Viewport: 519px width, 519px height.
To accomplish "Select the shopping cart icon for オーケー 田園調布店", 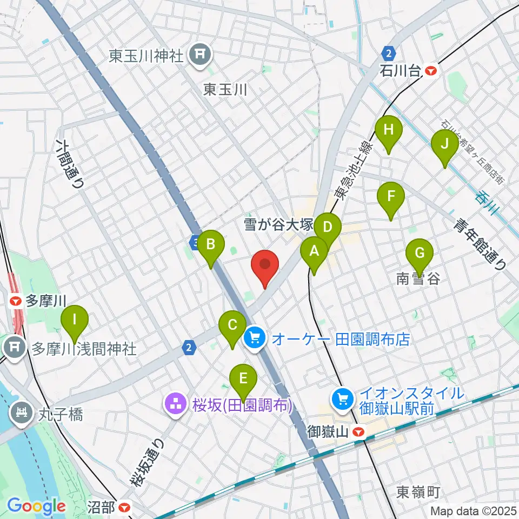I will [x=255, y=339].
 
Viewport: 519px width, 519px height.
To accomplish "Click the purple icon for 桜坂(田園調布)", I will [x=176, y=404].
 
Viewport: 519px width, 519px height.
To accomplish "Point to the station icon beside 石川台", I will [x=431, y=70].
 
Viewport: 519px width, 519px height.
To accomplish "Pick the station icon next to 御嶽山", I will [x=357, y=432].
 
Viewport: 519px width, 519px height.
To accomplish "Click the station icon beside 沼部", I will [x=125, y=508].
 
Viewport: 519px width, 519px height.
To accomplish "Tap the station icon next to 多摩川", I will [x=16, y=300].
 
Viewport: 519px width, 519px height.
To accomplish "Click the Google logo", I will [x=36, y=507].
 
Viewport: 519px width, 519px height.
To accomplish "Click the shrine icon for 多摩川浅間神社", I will [x=15, y=348].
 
